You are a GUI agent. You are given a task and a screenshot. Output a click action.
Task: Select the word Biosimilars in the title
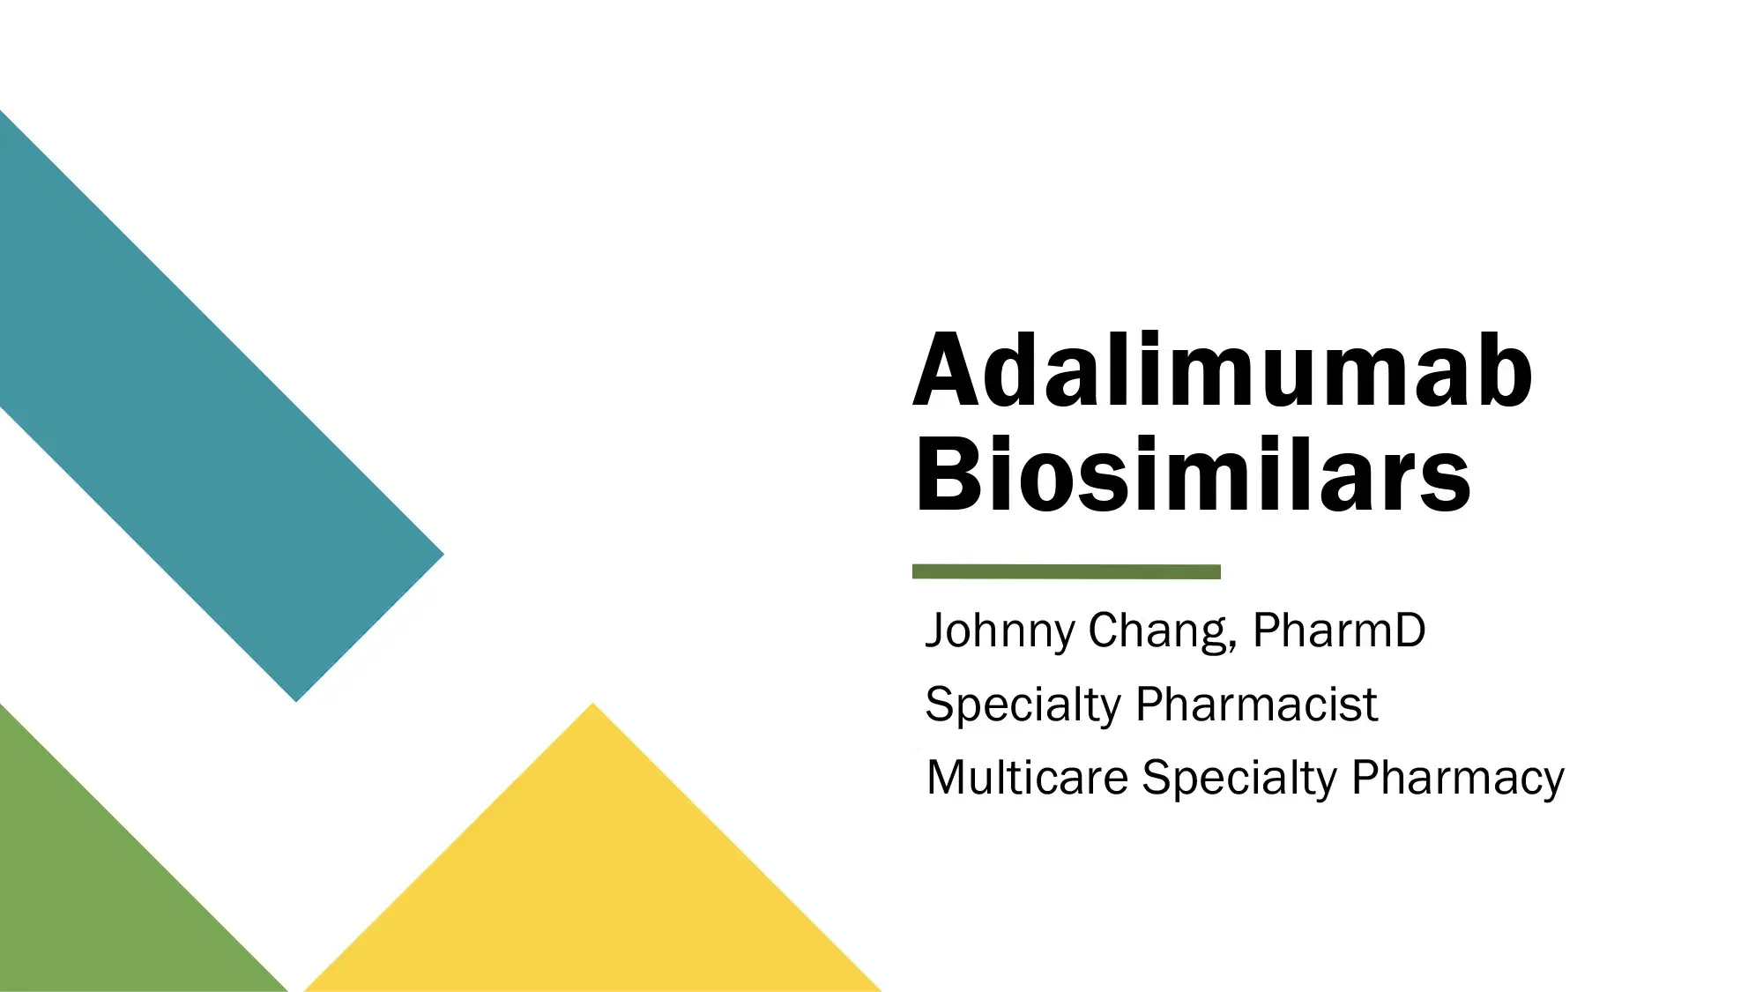[1193, 476]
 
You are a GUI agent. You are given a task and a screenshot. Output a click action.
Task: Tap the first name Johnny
[1000, 631]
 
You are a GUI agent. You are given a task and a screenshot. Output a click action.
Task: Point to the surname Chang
[1156, 631]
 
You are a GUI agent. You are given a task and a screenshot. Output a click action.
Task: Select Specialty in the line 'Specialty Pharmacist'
[1022, 705]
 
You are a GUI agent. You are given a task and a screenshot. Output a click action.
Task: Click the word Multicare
[1027, 778]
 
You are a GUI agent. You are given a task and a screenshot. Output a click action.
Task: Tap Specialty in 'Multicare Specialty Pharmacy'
[1239, 779]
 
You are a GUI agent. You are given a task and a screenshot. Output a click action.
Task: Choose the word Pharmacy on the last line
[1458, 779]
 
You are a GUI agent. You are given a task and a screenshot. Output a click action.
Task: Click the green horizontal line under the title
[1066, 571]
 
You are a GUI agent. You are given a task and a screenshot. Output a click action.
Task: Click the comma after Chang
[1231, 649]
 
